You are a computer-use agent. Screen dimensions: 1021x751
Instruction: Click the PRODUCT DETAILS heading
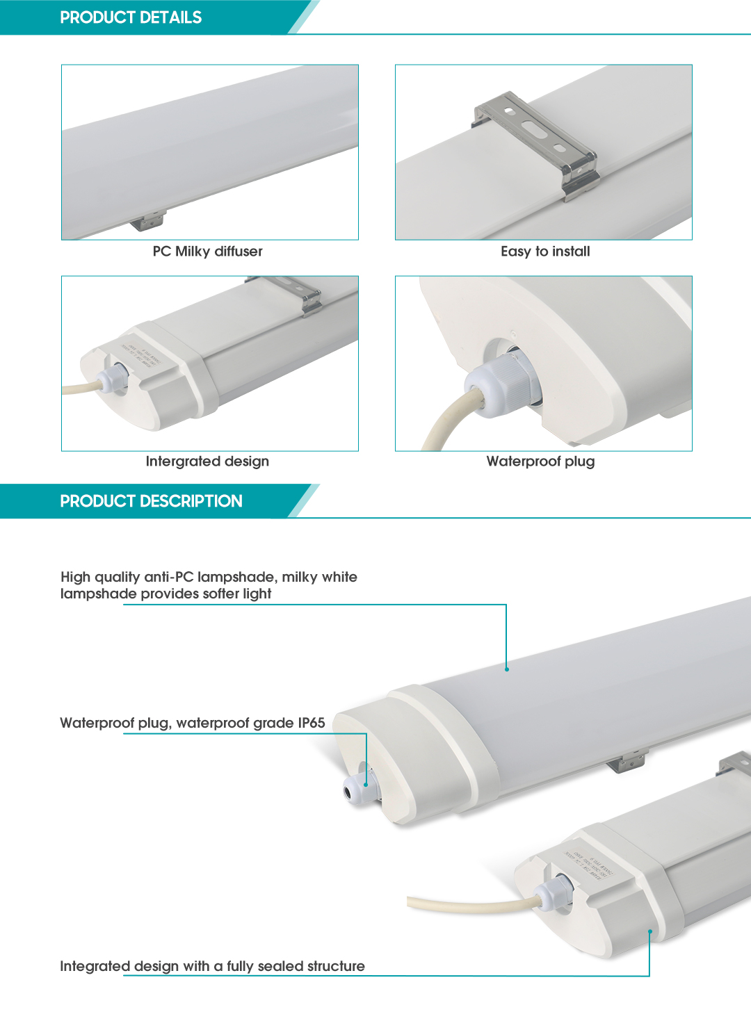click(x=131, y=17)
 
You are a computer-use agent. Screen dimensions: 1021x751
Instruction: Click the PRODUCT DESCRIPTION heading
click(x=151, y=501)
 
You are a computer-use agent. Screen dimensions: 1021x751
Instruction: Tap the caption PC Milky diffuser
click(x=207, y=252)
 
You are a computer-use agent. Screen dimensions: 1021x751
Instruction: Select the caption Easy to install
click(x=545, y=252)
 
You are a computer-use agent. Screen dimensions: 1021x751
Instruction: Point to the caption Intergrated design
click(x=207, y=462)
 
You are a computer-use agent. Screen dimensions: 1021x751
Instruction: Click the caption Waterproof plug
click(x=540, y=462)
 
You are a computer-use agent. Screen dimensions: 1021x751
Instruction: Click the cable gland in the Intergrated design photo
click(x=113, y=378)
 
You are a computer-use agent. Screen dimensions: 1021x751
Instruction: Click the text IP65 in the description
click(x=311, y=723)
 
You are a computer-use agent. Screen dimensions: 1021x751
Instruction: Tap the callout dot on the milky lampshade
click(x=506, y=669)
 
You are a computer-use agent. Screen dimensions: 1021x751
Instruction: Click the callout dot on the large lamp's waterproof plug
click(x=366, y=785)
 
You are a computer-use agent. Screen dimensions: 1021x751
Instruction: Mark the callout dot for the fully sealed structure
click(x=649, y=931)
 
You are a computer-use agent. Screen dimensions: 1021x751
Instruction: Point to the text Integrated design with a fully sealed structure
click(x=212, y=966)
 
